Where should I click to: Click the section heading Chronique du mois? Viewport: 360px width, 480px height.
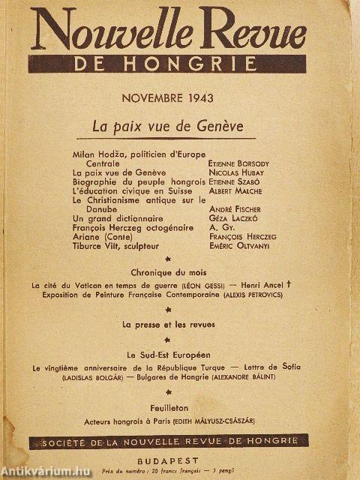(x=168, y=272)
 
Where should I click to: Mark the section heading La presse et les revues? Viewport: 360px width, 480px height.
(x=168, y=324)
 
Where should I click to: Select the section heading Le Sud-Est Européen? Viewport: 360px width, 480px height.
(x=168, y=354)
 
